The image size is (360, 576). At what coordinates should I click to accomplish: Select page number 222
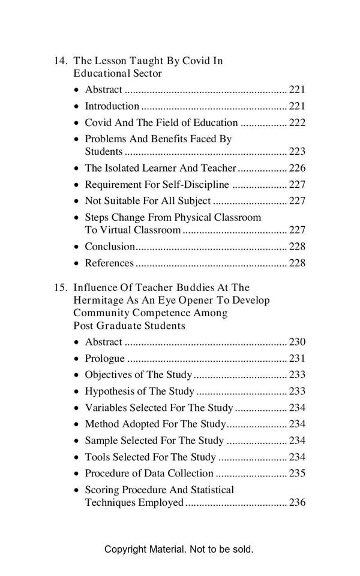297,123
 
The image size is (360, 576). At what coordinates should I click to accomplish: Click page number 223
297,152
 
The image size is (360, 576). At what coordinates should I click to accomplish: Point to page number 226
297,169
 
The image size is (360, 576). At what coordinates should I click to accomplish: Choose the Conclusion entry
110,247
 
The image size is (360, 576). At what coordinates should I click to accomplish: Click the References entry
109,263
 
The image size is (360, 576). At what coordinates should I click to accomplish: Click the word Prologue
104,359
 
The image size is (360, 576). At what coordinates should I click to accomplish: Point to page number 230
297,343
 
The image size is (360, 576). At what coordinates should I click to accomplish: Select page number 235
297,473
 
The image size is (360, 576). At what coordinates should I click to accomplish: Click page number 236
297,503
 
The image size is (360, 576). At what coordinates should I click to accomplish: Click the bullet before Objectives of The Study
76,376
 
